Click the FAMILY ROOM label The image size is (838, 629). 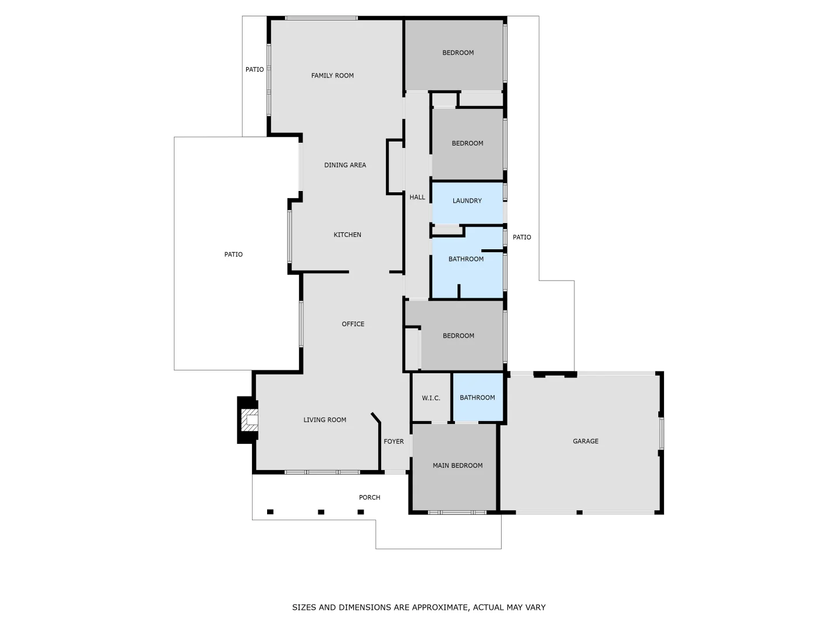tap(332, 76)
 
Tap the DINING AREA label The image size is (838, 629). tap(345, 165)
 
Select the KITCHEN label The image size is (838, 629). tap(347, 235)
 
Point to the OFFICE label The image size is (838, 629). tap(353, 324)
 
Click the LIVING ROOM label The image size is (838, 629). tap(325, 420)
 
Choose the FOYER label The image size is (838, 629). tap(394, 441)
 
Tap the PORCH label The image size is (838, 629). tap(370, 497)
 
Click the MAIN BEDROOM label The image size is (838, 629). tap(457, 466)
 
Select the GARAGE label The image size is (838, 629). tap(585, 441)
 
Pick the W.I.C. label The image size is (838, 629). tap(431, 398)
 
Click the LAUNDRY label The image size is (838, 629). tap(467, 201)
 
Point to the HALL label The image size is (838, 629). tap(417, 197)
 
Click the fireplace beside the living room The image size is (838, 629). tap(248, 419)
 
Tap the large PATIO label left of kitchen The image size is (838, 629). tap(233, 255)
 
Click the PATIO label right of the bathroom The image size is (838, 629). tap(522, 238)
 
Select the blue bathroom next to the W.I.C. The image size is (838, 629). tap(477, 398)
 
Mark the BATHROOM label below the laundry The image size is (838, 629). tap(466, 259)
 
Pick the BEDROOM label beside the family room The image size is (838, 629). tap(458, 53)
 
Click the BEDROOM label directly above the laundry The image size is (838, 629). tap(467, 143)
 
